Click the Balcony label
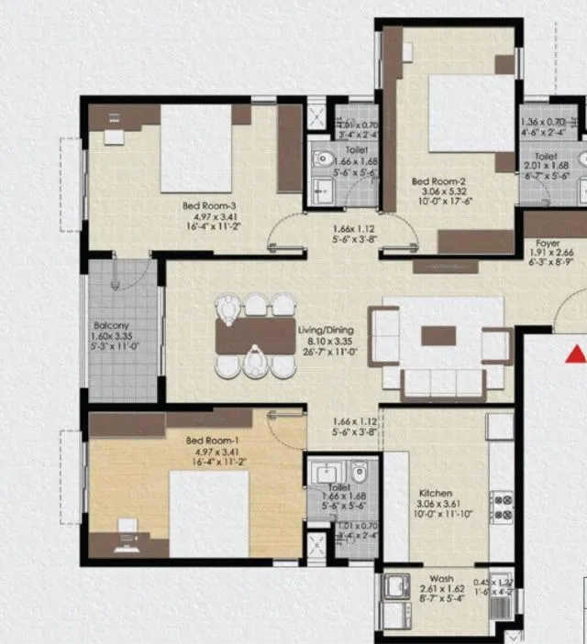click(x=111, y=325)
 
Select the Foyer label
click(x=548, y=244)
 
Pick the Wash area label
click(x=440, y=579)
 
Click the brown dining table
click(x=255, y=336)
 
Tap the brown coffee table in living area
click(x=437, y=336)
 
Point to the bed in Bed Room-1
click(x=209, y=513)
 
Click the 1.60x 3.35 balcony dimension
click(x=111, y=335)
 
